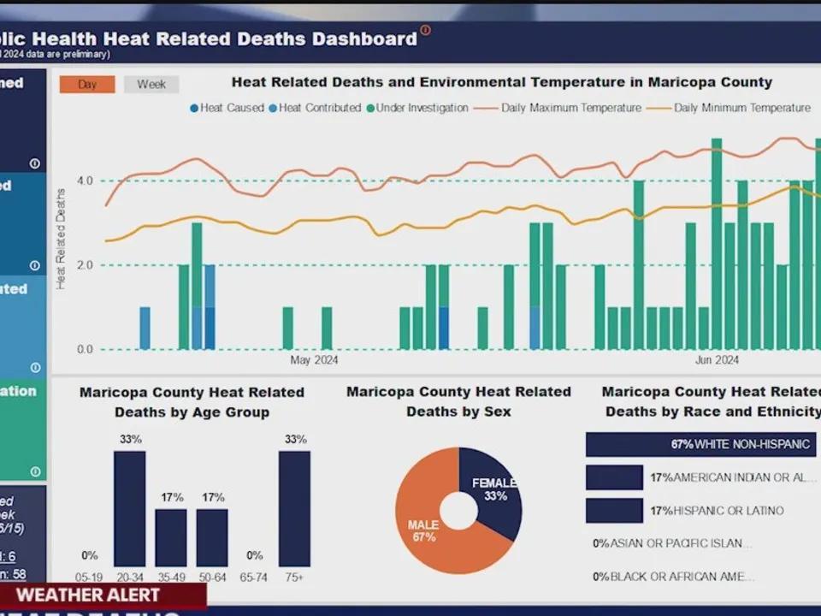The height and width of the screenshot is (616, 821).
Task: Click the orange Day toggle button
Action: (87, 84)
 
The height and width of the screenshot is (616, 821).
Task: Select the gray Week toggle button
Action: (151, 84)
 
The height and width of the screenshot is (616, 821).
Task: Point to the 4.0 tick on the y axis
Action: (85, 181)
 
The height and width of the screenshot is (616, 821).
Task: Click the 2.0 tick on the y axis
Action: (85, 265)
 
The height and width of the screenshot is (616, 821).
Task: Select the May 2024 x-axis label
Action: (314, 360)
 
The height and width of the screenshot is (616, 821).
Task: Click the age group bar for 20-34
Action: (130, 508)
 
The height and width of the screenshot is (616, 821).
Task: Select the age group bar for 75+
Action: (294, 508)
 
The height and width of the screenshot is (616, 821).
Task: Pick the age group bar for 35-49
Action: (171, 537)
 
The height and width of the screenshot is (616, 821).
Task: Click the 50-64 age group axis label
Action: (212, 578)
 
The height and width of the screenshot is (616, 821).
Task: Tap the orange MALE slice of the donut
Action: (428, 530)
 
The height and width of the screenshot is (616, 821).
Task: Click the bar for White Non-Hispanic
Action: (700, 444)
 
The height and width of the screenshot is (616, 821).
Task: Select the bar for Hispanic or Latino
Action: (614, 511)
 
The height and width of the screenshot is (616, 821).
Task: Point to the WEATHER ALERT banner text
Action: (88, 595)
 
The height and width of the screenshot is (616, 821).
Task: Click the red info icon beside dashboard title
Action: (425, 31)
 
